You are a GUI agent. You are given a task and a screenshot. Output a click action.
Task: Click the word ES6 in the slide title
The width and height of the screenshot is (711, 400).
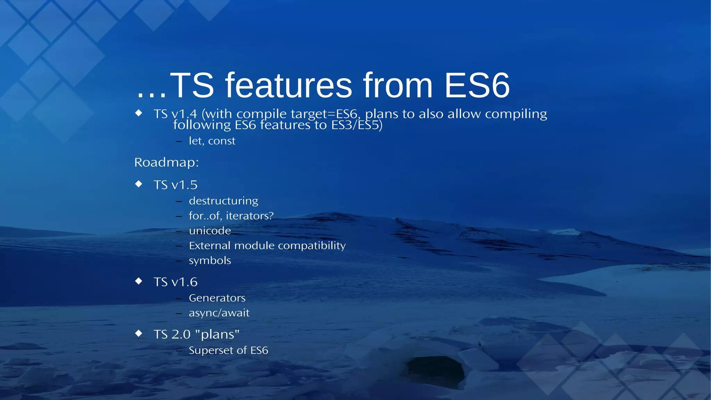click(x=477, y=85)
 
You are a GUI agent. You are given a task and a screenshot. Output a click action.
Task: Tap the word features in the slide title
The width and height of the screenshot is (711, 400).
click(x=289, y=85)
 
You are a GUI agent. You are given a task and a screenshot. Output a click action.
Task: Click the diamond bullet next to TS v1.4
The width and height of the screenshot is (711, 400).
click(x=139, y=113)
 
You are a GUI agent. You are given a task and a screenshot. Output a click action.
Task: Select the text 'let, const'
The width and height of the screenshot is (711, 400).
click(x=212, y=141)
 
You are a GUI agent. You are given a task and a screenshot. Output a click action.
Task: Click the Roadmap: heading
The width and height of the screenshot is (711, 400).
click(x=166, y=162)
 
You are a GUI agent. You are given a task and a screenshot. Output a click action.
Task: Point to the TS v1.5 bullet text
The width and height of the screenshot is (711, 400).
click(x=175, y=185)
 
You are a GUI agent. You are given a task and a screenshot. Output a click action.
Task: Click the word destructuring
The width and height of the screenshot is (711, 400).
click(x=223, y=201)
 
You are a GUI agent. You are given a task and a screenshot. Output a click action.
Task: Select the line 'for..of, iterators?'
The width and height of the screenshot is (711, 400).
click(x=231, y=216)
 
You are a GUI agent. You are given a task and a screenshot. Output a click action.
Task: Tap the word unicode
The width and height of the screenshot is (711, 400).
click(x=210, y=231)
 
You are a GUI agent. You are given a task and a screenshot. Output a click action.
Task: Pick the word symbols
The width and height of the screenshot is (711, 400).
click(x=210, y=261)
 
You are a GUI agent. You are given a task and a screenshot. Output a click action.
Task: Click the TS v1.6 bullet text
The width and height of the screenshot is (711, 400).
click(x=175, y=282)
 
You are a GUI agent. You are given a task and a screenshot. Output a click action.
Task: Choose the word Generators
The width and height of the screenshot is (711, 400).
click(x=217, y=298)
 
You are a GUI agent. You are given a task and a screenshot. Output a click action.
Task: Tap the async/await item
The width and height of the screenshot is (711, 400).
click(x=219, y=313)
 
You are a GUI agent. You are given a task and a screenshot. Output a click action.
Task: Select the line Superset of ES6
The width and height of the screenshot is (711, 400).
click(x=228, y=350)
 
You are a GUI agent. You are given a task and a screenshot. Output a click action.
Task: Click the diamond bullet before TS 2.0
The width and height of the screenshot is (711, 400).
click(x=139, y=334)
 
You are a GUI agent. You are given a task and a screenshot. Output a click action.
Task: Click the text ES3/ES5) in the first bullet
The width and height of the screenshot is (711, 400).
click(x=357, y=125)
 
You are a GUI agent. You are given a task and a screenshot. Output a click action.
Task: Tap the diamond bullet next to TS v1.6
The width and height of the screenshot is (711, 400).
click(x=139, y=281)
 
